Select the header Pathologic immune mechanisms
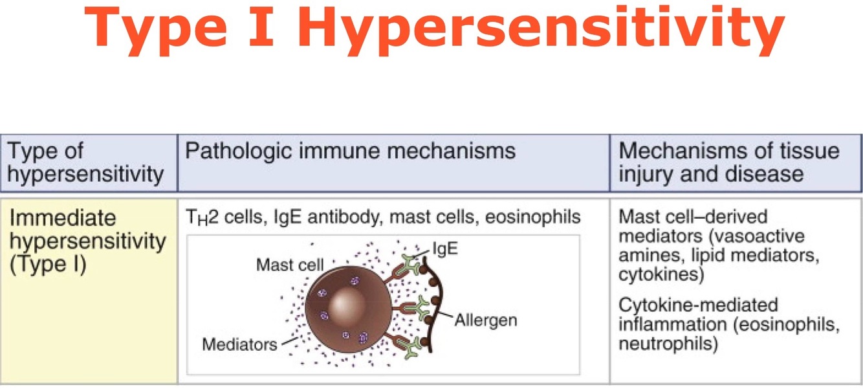click(x=350, y=151)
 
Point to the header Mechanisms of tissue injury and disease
click(x=729, y=162)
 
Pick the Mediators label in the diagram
click(x=239, y=343)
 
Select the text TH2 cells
click(x=220, y=217)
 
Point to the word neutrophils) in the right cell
click(x=668, y=344)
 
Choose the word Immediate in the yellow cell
click(x=62, y=217)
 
